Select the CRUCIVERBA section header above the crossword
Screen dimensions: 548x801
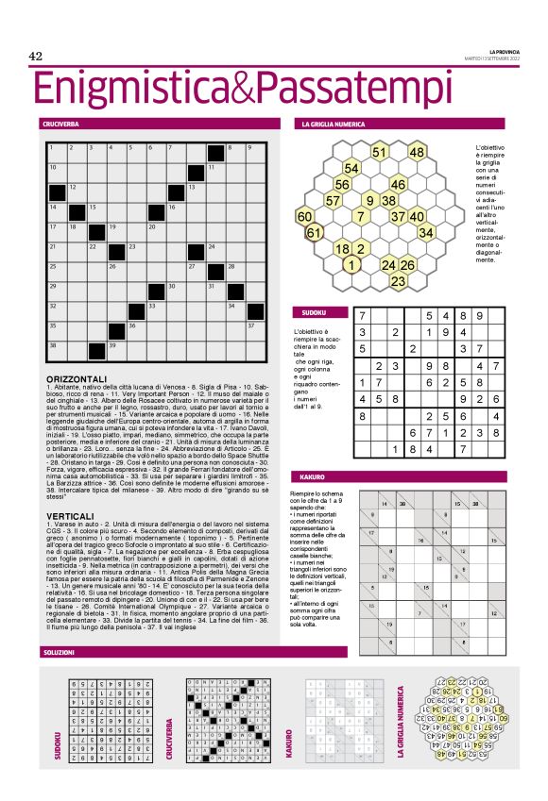[60, 125]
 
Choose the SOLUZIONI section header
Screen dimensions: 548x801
[59, 653]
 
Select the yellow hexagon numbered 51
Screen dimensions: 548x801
[379, 152]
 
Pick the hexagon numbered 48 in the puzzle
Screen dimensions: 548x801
[417, 152]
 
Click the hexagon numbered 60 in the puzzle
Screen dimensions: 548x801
[305, 216]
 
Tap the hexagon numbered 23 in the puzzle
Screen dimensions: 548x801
[398, 280]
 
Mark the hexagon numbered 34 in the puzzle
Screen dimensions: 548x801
[426, 232]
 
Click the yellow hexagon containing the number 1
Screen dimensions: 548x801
[351, 264]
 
